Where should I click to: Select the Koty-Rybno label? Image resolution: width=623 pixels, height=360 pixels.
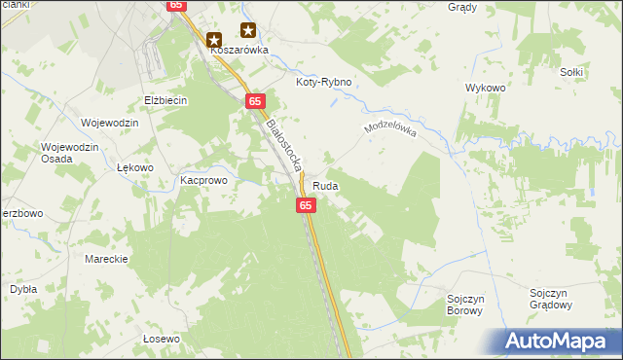pyautogui.click(x=324, y=84)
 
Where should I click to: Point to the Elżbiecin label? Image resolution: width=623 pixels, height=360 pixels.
pyautogui.click(x=165, y=100)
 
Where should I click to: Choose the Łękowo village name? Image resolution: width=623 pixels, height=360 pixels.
pyautogui.click(x=135, y=167)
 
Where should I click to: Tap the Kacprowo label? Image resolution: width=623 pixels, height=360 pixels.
pyautogui.click(x=202, y=181)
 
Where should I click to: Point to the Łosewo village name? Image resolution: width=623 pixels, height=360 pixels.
pyautogui.click(x=162, y=339)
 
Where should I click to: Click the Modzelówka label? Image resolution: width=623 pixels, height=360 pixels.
pyautogui.click(x=388, y=130)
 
